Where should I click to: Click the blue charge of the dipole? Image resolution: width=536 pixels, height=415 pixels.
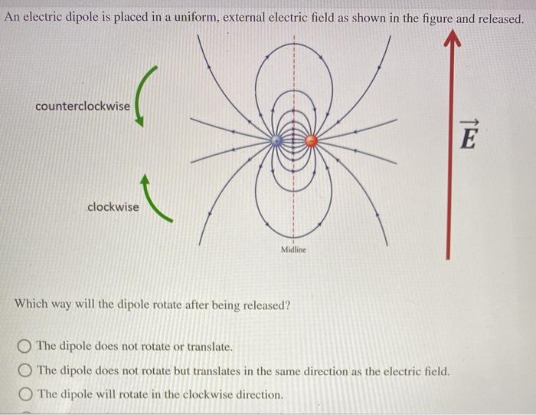(276, 140)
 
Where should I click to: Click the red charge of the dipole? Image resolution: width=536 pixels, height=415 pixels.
(311, 140)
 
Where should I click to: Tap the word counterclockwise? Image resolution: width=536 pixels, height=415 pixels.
(83, 106)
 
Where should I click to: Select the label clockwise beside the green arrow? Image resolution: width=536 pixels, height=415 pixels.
(113, 207)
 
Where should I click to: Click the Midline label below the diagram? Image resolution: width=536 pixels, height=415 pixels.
(293, 249)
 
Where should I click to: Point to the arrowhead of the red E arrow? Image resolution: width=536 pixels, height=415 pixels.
(453, 37)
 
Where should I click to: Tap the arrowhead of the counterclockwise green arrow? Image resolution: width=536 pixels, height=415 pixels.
(139, 120)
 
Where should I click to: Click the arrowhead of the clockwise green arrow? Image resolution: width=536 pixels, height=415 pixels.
(145, 180)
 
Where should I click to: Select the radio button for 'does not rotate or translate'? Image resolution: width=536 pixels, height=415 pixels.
(25, 347)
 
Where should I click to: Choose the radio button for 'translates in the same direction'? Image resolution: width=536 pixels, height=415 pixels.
(25, 371)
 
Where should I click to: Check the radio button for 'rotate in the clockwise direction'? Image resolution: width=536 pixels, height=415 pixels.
(25, 394)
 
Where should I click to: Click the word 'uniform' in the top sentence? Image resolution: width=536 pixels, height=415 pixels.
(196, 17)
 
